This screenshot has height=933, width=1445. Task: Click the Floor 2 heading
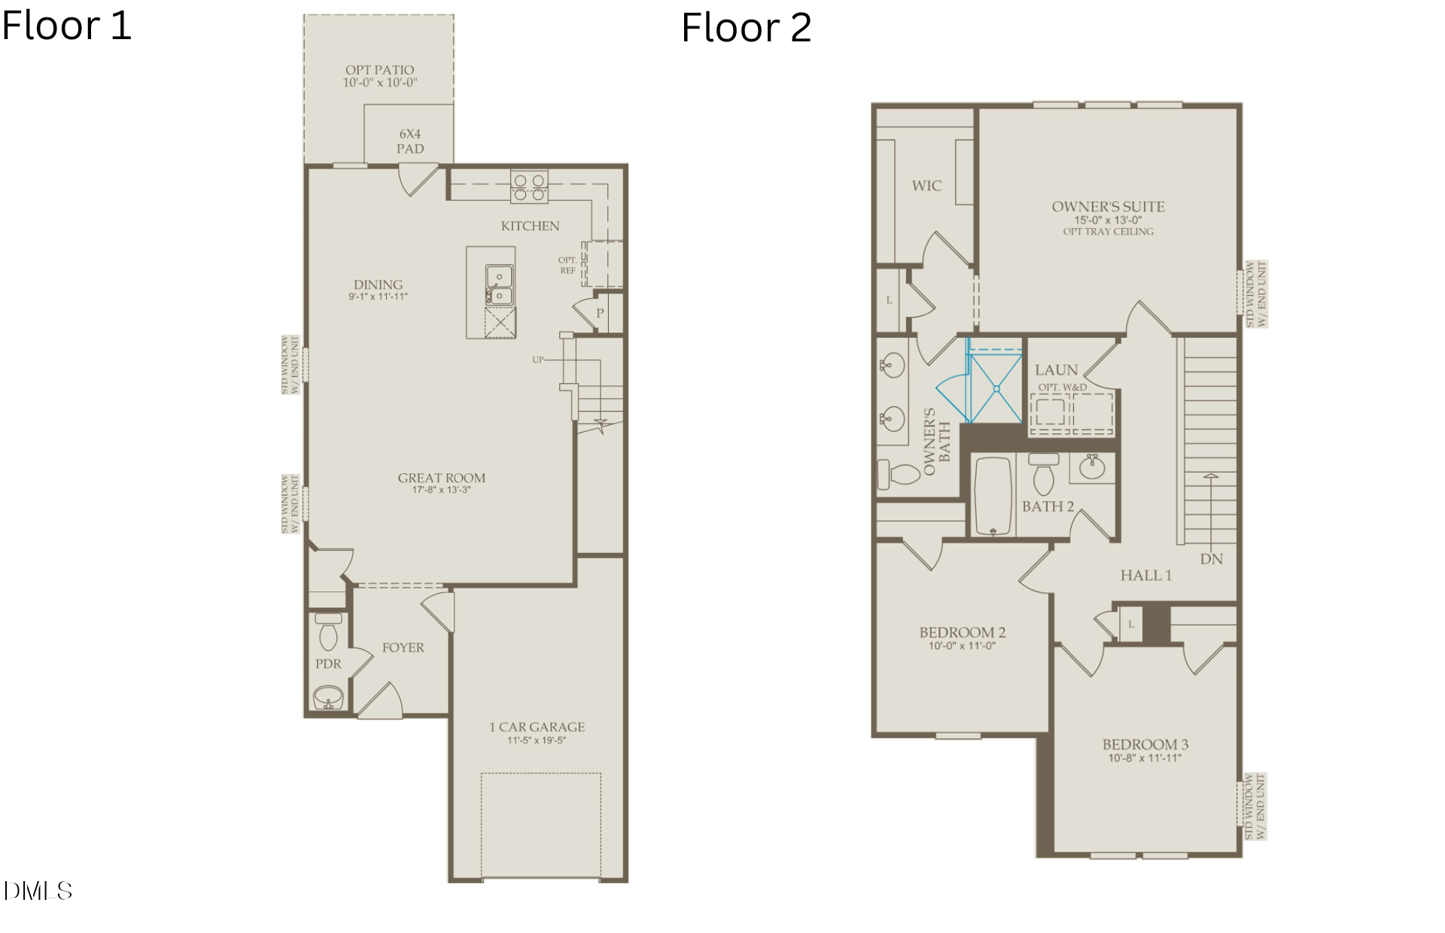(x=746, y=29)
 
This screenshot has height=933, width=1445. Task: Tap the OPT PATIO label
(x=379, y=70)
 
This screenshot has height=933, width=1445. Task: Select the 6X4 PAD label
(x=410, y=141)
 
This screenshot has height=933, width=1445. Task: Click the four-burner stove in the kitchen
(x=529, y=187)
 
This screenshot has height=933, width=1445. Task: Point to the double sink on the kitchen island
(x=498, y=286)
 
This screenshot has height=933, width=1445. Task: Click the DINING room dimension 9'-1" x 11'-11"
(x=378, y=296)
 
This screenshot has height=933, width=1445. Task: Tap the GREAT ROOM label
(x=442, y=478)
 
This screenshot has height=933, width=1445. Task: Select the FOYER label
(x=403, y=647)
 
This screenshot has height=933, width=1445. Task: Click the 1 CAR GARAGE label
(x=537, y=727)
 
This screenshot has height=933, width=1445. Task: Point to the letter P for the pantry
(x=600, y=313)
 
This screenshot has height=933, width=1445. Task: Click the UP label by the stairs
(x=537, y=360)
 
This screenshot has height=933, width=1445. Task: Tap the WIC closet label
(x=926, y=186)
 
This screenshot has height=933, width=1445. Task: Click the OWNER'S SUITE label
(x=1108, y=206)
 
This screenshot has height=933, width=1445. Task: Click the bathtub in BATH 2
(x=993, y=496)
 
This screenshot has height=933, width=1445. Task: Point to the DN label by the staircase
(x=1211, y=559)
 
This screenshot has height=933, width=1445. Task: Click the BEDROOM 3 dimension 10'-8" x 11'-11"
(x=1145, y=758)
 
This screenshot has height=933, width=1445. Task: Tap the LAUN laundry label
(x=1056, y=369)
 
